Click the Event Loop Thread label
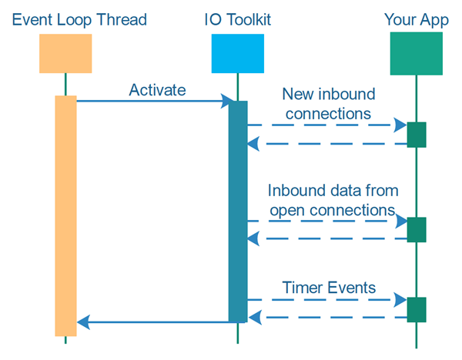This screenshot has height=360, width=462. tap(65, 18)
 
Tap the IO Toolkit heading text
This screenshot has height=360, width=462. tap(237, 18)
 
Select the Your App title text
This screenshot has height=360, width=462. tap(416, 18)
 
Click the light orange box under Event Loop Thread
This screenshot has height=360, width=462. tap(65, 53)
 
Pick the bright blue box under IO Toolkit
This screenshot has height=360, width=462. tap(237, 53)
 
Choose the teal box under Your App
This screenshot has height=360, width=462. tap(416, 53)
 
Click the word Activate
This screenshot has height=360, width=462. tap(157, 90)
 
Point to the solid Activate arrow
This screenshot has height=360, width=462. tap(154, 101)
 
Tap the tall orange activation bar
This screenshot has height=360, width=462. tap(65, 215)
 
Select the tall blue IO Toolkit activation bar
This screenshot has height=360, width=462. tap(238, 212)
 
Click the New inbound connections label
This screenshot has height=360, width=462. tap(328, 104)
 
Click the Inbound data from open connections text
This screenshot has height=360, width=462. tap(333, 199)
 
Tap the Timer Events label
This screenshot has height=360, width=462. tap(329, 288)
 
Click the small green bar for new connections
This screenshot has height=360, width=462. tap(417, 134)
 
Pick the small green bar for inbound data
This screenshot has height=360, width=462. tap(417, 229)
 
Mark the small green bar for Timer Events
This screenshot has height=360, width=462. tap(417, 308)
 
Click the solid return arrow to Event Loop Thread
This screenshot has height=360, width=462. tap(154, 322)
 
